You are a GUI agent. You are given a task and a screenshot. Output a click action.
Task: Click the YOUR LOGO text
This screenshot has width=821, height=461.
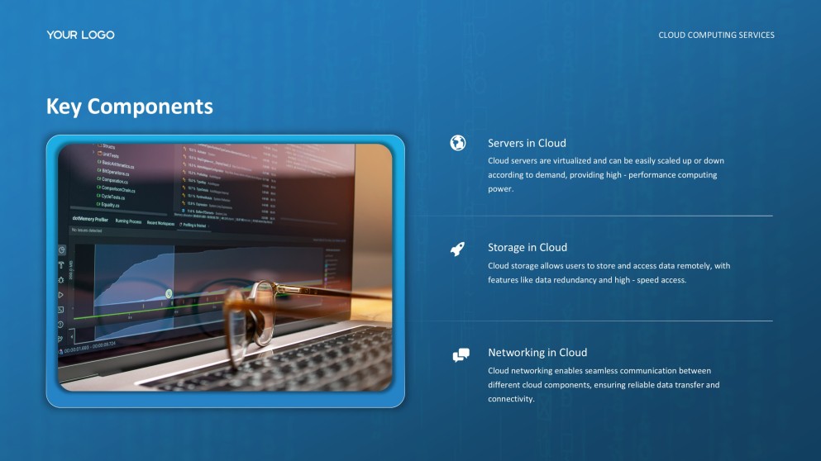(80, 35)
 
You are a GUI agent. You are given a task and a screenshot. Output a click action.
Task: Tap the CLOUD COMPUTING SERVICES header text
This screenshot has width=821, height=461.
(716, 36)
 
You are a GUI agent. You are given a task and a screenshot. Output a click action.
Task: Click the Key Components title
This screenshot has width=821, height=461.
(129, 107)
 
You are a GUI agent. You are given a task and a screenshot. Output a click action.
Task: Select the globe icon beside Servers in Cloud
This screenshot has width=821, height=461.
(457, 143)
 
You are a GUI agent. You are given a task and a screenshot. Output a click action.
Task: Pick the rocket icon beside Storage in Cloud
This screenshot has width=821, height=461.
(457, 248)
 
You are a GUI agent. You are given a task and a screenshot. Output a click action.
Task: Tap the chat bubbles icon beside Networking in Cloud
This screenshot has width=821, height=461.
(461, 355)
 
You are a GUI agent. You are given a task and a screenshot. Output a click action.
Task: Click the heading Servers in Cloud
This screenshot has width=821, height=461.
(527, 143)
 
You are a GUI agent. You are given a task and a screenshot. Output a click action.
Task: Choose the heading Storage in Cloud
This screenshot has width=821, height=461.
(527, 247)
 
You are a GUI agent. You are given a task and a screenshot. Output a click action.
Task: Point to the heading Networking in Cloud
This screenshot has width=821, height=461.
(537, 352)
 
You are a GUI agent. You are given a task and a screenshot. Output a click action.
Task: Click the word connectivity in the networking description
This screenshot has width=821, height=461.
(510, 399)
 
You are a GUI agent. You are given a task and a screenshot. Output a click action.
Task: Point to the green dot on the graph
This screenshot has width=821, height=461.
(169, 293)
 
